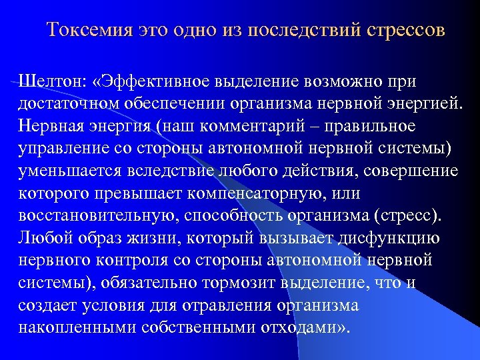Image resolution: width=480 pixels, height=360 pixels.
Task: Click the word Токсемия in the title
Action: tap(89, 31)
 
